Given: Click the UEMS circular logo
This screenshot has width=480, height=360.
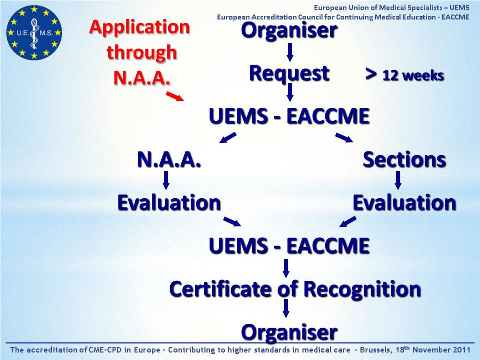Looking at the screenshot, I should pos(34,33).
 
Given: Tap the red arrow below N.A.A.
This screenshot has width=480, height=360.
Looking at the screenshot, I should pos(175,96).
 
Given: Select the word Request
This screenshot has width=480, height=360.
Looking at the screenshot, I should pos(289,74).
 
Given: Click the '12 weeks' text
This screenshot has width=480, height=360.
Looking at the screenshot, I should pos(413,75).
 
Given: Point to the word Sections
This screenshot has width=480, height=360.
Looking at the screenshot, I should pos(404,160).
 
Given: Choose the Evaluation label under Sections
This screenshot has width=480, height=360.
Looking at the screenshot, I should pos(404,203).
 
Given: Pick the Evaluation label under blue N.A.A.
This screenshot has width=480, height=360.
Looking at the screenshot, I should pos(169,203).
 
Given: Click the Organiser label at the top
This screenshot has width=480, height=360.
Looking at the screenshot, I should pos(289,30).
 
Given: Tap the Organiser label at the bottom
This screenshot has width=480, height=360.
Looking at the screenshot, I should pos(289,332).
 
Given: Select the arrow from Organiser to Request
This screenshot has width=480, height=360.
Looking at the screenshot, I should pos(290,52).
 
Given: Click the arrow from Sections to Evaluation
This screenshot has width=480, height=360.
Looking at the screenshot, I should pos(398,180).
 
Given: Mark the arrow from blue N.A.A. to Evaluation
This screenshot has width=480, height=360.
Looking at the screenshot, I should pos(166,180).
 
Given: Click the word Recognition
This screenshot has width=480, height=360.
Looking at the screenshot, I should pos(362,289).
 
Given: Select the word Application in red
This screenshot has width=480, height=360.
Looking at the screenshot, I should pos(140,28).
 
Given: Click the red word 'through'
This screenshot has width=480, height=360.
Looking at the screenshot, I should pos(142,52).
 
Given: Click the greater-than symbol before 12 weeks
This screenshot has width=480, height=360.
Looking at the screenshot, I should pos(371,74).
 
